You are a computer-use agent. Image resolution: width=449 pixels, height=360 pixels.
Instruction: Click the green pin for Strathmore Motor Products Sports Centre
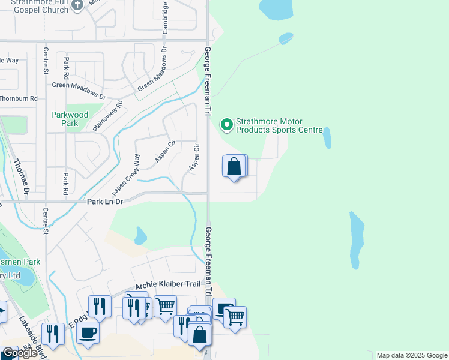(x=227, y=125)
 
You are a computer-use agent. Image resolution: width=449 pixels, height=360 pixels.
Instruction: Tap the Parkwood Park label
(x=70, y=119)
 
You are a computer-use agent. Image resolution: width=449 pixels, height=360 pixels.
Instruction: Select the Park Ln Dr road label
(x=105, y=202)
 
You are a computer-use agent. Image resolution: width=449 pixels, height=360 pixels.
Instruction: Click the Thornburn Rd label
(x=19, y=98)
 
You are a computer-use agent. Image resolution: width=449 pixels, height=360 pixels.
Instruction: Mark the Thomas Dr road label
(x=22, y=178)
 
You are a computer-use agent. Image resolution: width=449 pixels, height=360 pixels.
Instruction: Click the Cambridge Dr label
(x=166, y=17)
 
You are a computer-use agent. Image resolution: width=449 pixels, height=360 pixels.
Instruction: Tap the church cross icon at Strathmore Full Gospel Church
(x=77, y=5)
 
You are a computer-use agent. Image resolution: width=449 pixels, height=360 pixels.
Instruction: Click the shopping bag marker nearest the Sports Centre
(x=234, y=166)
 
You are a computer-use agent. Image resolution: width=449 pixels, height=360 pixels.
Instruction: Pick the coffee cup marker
(x=88, y=332)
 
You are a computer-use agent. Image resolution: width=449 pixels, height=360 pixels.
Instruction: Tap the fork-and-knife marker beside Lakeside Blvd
(x=53, y=334)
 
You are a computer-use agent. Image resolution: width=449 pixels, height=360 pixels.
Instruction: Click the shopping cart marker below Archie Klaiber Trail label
(x=165, y=307)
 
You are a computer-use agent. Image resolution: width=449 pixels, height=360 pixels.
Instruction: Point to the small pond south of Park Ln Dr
(x=140, y=235)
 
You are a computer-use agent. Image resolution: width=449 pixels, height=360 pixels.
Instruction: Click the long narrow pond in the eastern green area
(x=356, y=240)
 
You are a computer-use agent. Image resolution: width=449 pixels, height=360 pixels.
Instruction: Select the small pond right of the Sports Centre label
(x=327, y=138)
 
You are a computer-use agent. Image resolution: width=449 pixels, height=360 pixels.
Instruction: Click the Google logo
(x=20, y=353)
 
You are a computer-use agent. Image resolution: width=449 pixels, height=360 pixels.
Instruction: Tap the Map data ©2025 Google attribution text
(x=412, y=355)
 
